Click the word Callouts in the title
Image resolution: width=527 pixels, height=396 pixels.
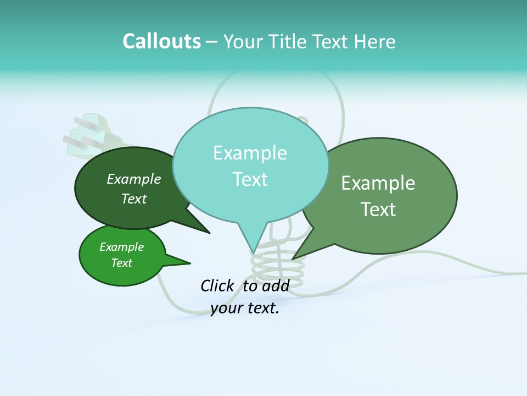click(161, 41)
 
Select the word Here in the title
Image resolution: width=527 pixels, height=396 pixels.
click(375, 42)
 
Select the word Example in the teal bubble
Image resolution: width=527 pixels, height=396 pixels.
click(250, 153)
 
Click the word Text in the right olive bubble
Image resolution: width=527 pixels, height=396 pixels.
click(378, 210)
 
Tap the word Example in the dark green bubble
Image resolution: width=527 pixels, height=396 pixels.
click(133, 179)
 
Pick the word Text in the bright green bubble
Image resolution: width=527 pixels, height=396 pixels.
click(121, 263)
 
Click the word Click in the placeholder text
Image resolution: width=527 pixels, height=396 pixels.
click(217, 285)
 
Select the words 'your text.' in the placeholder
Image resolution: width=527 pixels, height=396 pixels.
click(245, 308)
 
